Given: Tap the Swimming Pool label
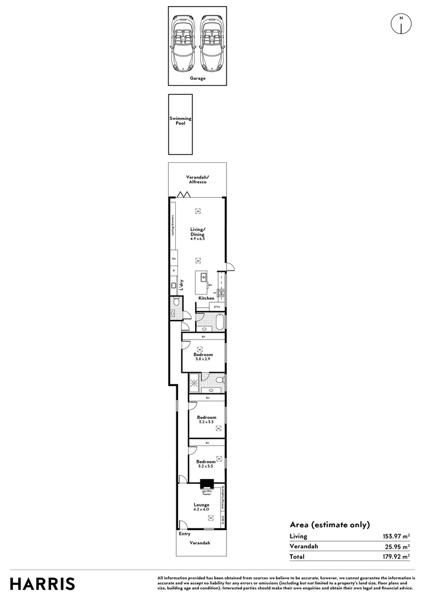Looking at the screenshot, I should pos(180,121).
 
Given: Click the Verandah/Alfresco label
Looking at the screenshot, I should pos(197,179).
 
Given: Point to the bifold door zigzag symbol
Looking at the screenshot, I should pos(182,194).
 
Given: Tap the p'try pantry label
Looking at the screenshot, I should pos(217,307).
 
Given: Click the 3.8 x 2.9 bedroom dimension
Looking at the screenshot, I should pos(203,359).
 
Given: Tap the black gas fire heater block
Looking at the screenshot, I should pos(207,484).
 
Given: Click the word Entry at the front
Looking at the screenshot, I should pos(185,534).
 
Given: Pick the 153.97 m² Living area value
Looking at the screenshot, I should pos(396,536).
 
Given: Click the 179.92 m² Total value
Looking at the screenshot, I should pos(396,556).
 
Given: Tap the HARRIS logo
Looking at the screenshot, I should pos(42,584).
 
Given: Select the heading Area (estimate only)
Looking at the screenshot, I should pos(329,524).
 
